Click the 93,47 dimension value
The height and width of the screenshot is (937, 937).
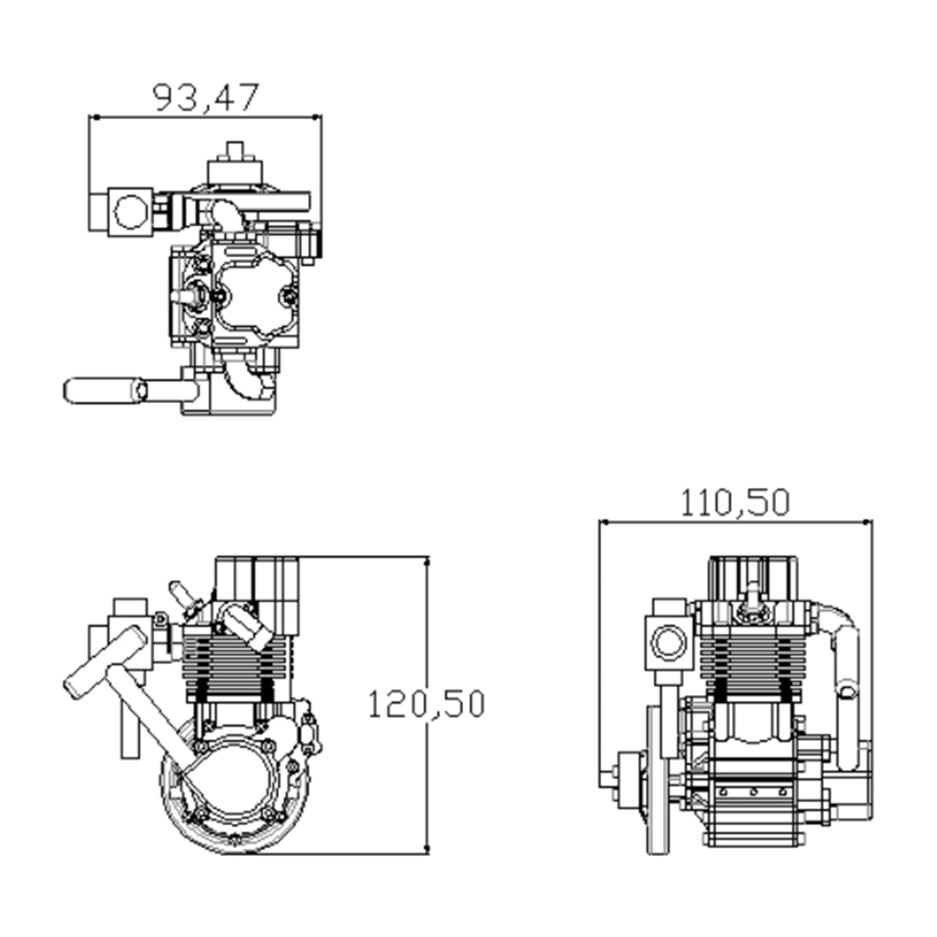(204, 97)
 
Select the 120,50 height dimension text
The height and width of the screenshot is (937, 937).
(425, 704)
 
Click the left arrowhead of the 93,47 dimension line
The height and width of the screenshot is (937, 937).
(94, 118)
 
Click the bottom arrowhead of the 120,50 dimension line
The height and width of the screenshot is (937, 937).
(426, 848)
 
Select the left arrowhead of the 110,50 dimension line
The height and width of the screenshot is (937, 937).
(604, 522)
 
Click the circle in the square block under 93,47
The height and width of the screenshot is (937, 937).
(130, 210)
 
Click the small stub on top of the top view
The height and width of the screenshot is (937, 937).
(234, 151)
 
